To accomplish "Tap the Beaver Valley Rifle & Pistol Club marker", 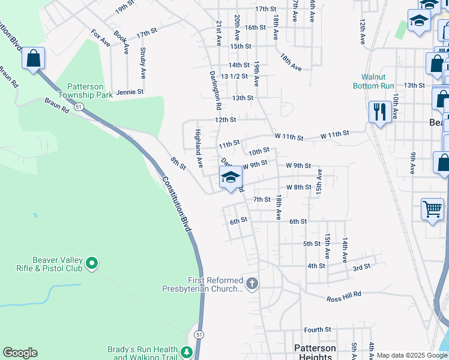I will pos(92,263).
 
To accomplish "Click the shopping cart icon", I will pos(432,209).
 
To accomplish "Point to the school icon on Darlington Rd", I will pos(231,177).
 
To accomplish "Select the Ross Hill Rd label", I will pos(344,296).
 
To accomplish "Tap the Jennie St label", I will pos(130,92).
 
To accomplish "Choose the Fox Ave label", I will pos(100,38).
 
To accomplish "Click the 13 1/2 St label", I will pos(235,76).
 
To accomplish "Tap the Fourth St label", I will pos(318,329).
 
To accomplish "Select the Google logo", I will pos(20,353).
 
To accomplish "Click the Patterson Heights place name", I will pos(316,352).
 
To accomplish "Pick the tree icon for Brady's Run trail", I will pos(187,352).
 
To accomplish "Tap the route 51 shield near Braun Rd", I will pos(79,106).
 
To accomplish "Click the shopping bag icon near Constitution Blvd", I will pos(34,59).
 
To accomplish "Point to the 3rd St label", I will pos(361,267).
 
